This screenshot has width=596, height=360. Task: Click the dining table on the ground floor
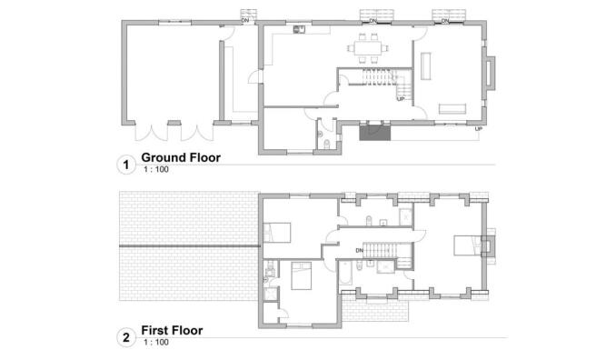point(370,44)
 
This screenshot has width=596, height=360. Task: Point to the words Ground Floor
point(182,158)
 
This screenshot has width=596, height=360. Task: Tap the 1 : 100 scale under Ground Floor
point(156,170)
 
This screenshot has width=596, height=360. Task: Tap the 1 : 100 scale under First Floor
point(156,343)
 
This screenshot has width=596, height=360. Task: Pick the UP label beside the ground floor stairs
point(401,100)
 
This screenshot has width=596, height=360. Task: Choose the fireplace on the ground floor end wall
point(491,75)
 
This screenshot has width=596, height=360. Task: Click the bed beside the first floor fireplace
point(464,244)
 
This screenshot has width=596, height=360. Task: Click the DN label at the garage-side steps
point(244,19)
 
